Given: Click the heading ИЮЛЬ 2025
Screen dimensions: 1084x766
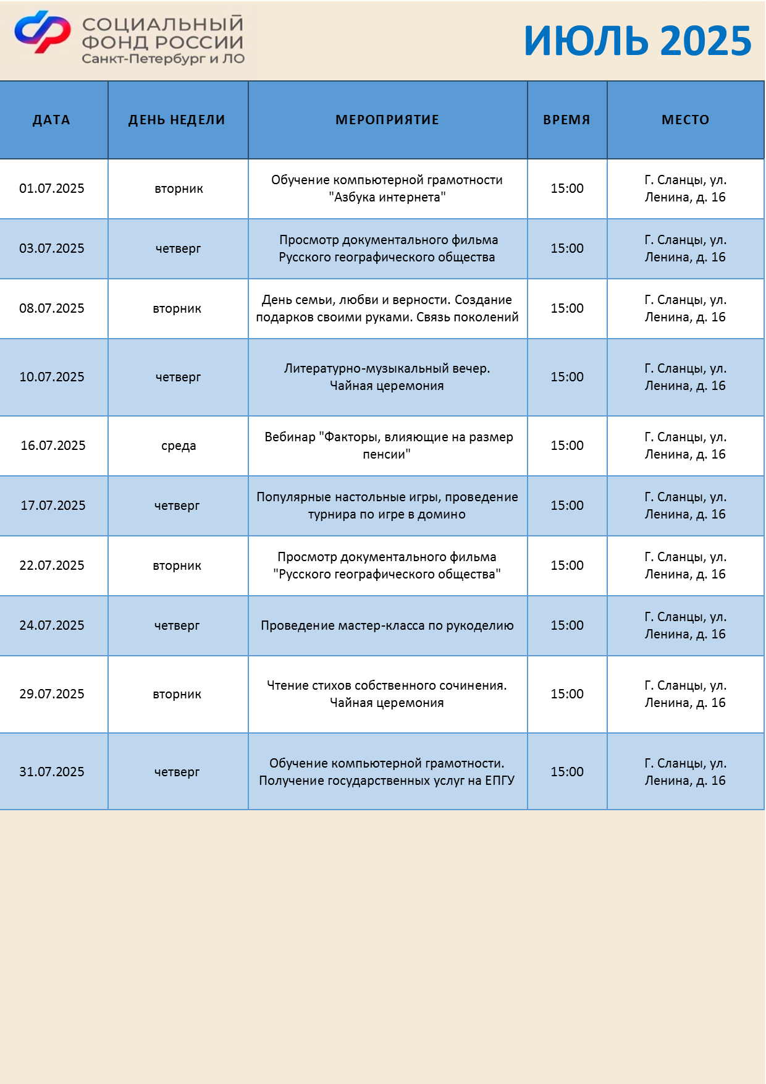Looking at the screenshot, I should point(637,41).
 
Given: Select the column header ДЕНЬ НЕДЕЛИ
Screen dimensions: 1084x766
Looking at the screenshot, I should point(177,120).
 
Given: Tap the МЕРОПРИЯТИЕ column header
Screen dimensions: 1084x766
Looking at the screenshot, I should point(387,120).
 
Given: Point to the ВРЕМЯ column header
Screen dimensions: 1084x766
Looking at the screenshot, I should point(566,120).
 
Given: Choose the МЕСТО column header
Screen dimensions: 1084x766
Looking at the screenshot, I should point(685,120).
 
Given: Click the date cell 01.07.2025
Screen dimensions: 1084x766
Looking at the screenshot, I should point(52,188).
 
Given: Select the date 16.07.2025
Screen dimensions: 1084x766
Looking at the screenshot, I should point(53,446).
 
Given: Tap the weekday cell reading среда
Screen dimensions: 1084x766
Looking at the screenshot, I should point(179,446).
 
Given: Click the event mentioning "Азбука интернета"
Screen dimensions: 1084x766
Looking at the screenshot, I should point(387,188).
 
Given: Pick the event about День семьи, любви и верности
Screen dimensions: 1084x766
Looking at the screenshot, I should point(387,308).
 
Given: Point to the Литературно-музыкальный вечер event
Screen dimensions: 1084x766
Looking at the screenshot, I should point(387,377).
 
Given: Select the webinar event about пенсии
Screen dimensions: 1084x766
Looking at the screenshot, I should point(387,446).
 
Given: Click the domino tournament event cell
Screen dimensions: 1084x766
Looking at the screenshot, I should point(387,506).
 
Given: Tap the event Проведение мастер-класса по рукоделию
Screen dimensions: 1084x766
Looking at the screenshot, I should point(387,625).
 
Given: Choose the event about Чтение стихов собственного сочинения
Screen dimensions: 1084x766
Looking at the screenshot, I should point(387,694).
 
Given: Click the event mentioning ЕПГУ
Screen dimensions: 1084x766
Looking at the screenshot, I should point(387,772).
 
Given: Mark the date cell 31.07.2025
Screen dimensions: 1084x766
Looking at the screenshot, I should point(52,772).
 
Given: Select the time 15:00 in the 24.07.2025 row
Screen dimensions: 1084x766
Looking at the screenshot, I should point(567,625).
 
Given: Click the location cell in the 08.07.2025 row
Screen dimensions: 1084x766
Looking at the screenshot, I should point(685,308).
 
